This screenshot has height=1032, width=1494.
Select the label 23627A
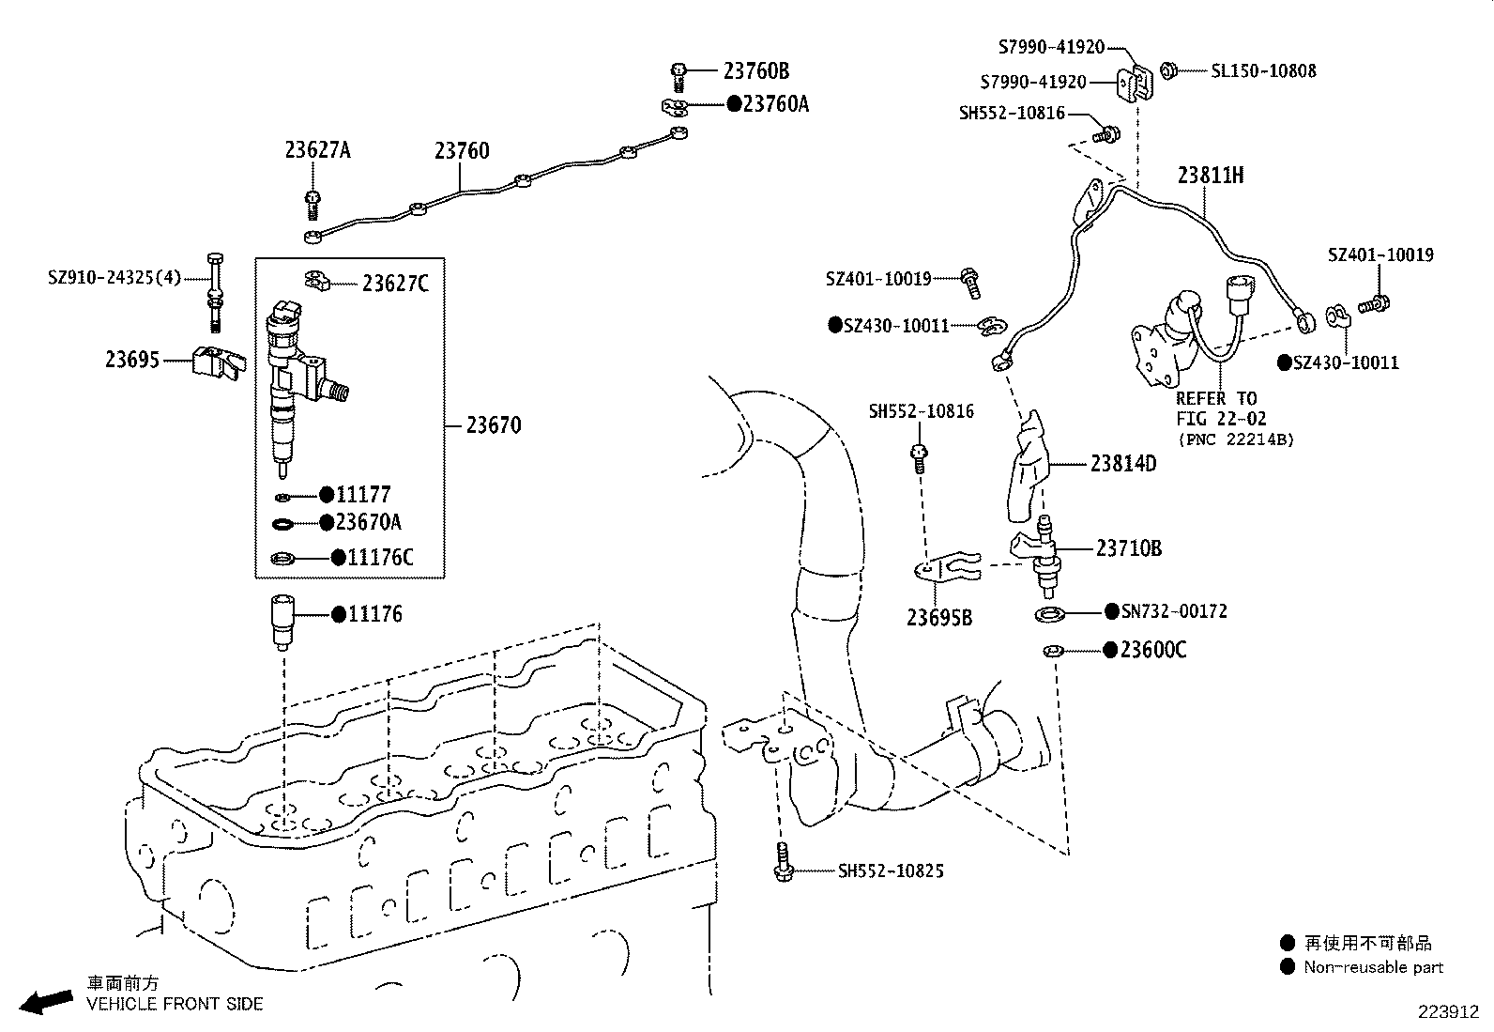(317, 150)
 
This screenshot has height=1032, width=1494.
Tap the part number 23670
(494, 425)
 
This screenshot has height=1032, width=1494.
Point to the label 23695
(132, 361)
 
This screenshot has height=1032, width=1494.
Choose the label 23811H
(1211, 176)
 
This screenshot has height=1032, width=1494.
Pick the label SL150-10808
(1263, 71)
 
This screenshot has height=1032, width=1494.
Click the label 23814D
(1123, 464)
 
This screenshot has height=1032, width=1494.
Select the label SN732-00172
(1174, 612)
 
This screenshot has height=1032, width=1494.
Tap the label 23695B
(938, 617)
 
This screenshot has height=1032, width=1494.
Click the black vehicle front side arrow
(47, 1001)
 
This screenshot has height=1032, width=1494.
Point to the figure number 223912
(1448, 1012)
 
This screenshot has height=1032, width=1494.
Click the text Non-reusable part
(1373, 967)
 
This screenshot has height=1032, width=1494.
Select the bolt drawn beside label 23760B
(679, 74)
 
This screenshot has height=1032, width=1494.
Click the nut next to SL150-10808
(1169, 70)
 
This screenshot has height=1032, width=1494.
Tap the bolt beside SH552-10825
(784, 862)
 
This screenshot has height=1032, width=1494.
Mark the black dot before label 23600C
(1110, 650)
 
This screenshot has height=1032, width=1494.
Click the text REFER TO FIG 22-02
(1219, 408)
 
